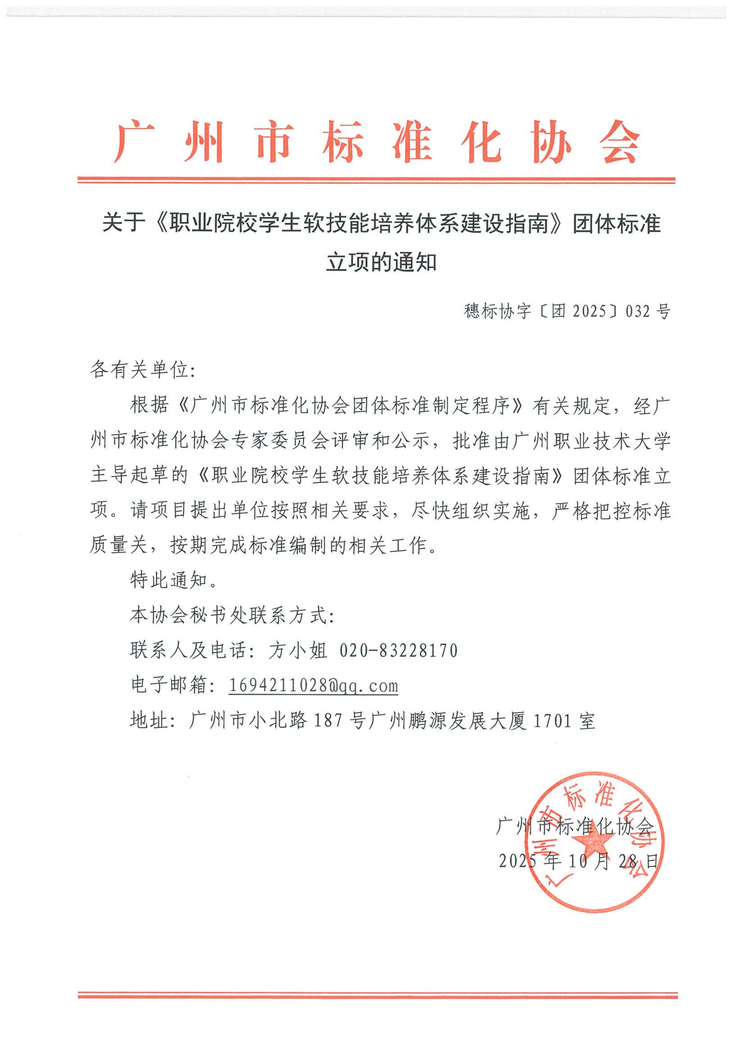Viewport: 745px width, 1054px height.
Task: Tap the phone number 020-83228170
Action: pos(399,651)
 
